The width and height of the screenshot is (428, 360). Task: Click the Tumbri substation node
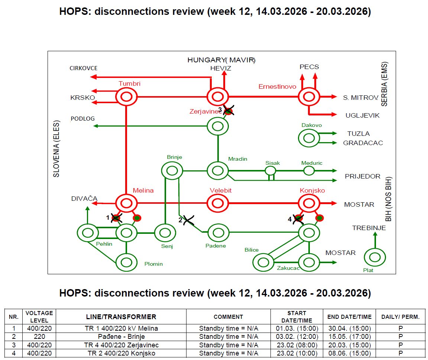(x=126, y=97)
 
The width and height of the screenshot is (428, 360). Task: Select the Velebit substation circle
(x=217, y=203)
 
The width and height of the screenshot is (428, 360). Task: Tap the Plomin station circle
(x=126, y=262)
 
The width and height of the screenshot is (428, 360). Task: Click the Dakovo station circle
(x=309, y=138)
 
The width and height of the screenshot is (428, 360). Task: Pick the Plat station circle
(x=374, y=257)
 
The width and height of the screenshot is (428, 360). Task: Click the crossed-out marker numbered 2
(x=188, y=220)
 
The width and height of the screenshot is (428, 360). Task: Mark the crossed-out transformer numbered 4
(x=298, y=219)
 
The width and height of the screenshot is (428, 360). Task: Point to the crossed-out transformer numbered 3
(x=228, y=110)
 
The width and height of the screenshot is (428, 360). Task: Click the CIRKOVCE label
(x=84, y=68)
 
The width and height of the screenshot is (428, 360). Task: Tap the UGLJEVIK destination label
(x=362, y=115)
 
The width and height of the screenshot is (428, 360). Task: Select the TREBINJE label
(x=369, y=228)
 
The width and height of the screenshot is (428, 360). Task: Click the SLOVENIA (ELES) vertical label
(x=56, y=148)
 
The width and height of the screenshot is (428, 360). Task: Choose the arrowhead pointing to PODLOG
(x=95, y=126)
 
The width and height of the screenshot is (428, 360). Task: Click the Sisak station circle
(x=270, y=171)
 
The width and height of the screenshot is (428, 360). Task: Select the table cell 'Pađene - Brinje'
(x=121, y=337)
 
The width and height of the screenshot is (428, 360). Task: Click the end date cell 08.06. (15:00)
(x=349, y=353)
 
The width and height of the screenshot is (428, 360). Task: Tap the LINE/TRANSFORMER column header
(x=121, y=317)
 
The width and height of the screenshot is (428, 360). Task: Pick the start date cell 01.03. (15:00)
(x=296, y=328)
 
